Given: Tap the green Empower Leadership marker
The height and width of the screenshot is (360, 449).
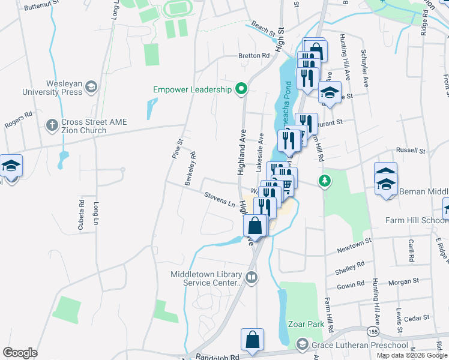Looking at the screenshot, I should point(241,89).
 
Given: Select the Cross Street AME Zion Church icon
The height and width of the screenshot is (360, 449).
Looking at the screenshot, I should point(52,126).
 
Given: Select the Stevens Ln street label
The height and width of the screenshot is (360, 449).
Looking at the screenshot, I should point(219,199).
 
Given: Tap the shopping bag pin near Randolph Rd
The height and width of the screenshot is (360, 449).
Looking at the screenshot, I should point(253,339).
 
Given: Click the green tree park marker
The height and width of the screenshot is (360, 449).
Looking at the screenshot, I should point(325,180).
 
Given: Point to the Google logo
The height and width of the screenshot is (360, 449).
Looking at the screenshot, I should point(20,353).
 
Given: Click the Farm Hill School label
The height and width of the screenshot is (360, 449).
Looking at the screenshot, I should point(416,220).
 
